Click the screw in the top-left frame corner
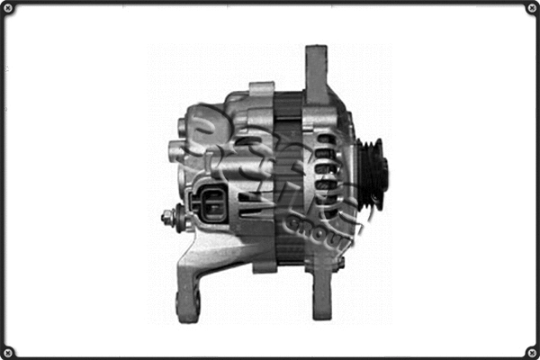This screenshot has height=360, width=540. click(x=9, y=9)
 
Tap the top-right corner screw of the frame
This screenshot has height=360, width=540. click(x=531, y=9)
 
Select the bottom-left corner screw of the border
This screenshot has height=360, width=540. click(x=9, y=351)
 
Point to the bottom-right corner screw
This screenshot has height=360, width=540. click(x=531, y=351)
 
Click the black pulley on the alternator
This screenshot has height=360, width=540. click(x=371, y=172)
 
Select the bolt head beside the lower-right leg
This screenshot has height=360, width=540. click(x=339, y=264)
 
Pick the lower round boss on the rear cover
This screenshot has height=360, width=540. click(x=177, y=148)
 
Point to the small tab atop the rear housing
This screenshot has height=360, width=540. click(x=261, y=90)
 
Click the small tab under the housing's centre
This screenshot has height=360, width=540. click(x=265, y=266)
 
